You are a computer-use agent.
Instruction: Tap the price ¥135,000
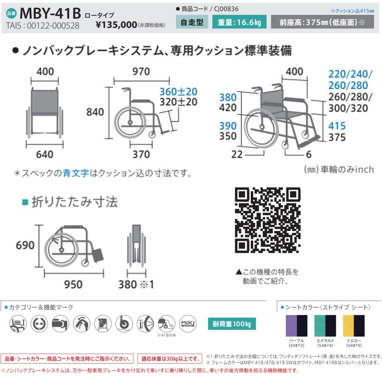tap(116, 25)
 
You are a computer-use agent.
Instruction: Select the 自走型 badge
tap(192, 22)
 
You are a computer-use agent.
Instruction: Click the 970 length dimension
tap(141, 72)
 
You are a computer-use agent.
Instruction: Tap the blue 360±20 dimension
tap(178, 91)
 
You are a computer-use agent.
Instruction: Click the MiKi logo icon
tap(188, 324)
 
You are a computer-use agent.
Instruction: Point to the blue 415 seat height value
tap(337, 126)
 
